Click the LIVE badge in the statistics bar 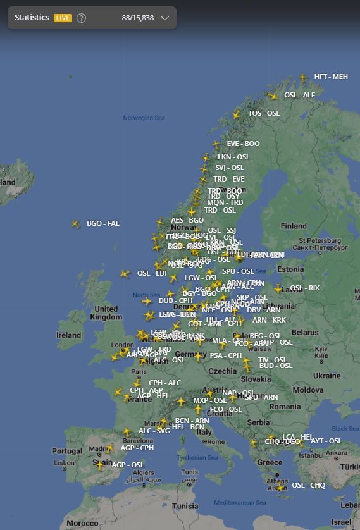[x=63, y=18]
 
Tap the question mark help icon [x=82, y=18]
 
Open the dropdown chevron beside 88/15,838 [x=165, y=18]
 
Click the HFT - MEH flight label [x=331, y=77]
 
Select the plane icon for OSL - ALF [x=273, y=96]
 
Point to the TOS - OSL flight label [x=264, y=114]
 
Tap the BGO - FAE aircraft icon [x=76, y=224]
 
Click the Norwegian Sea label [x=144, y=118]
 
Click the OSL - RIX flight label [x=305, y=288]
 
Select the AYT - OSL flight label [x=326, y=441]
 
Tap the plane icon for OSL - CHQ [x=280, y=487]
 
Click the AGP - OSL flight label [x=128, y=465]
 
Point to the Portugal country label [x=67, y=451]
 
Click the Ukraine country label [x=326, y=375]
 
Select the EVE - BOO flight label [x=244, y=144]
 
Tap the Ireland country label [x=69, y=335]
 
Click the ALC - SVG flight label [x=154, y=431]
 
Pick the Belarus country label [x=305, y=332]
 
